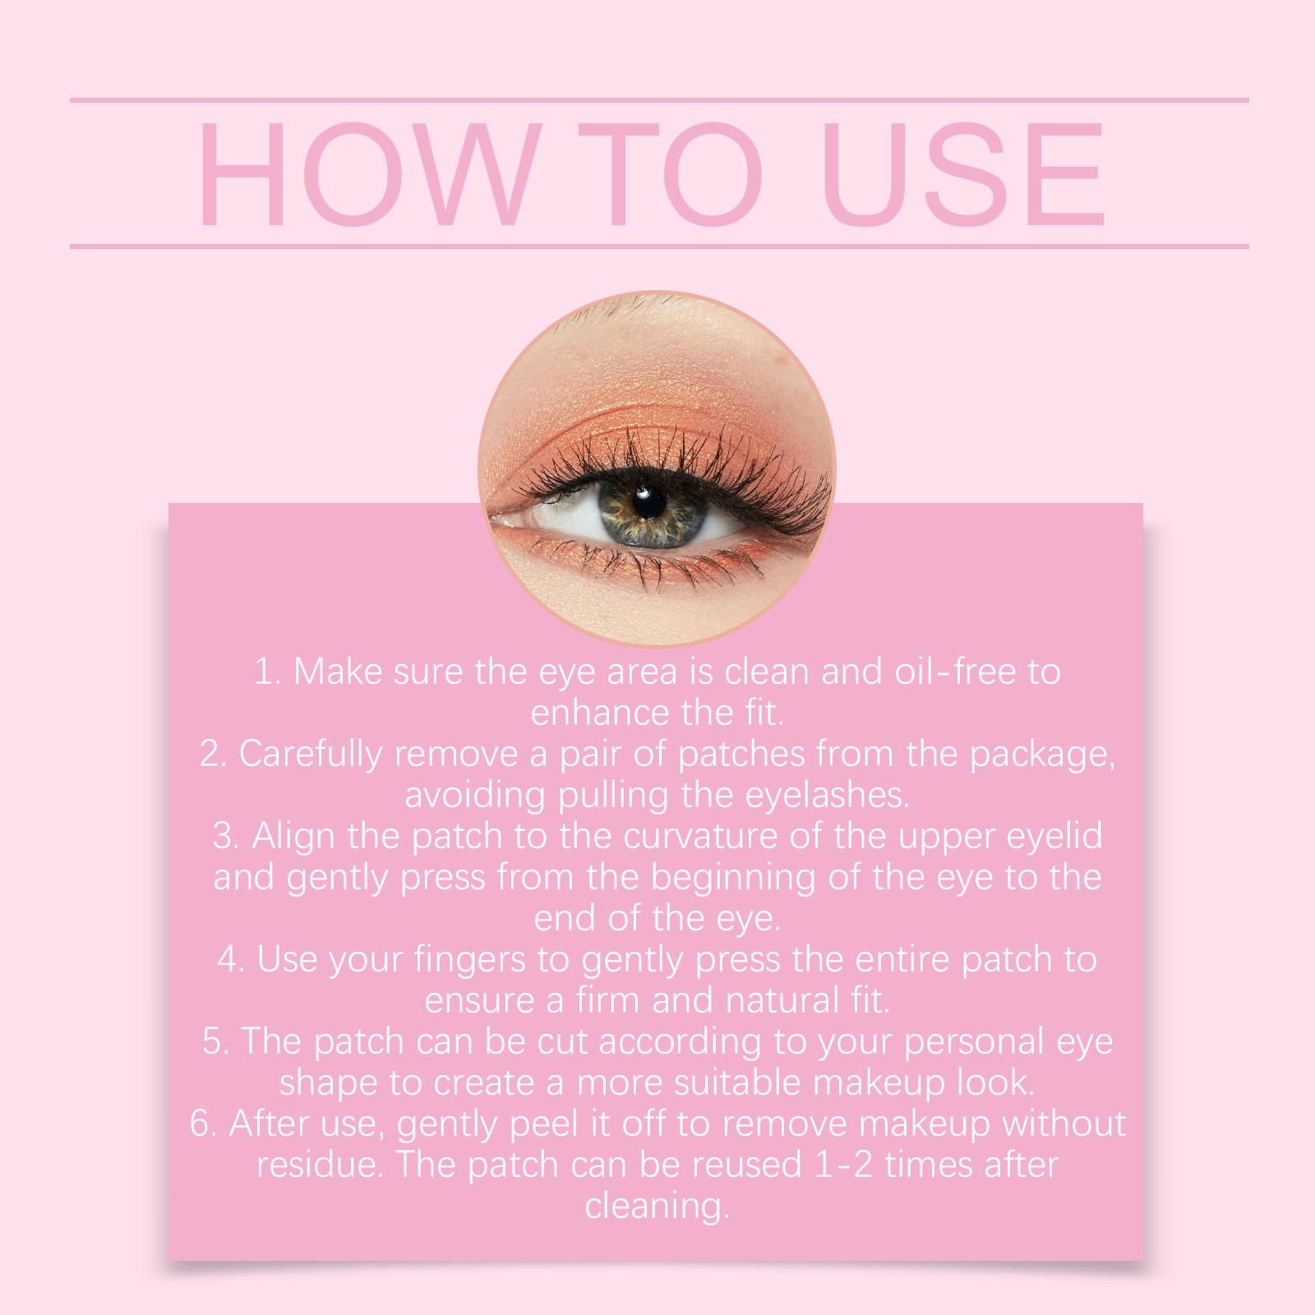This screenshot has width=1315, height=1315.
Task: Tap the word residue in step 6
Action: [x=315, y=1165]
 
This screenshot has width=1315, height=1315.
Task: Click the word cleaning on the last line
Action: [x=657, y=1207]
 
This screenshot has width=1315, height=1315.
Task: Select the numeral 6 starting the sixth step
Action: [x=200, y=1124]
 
